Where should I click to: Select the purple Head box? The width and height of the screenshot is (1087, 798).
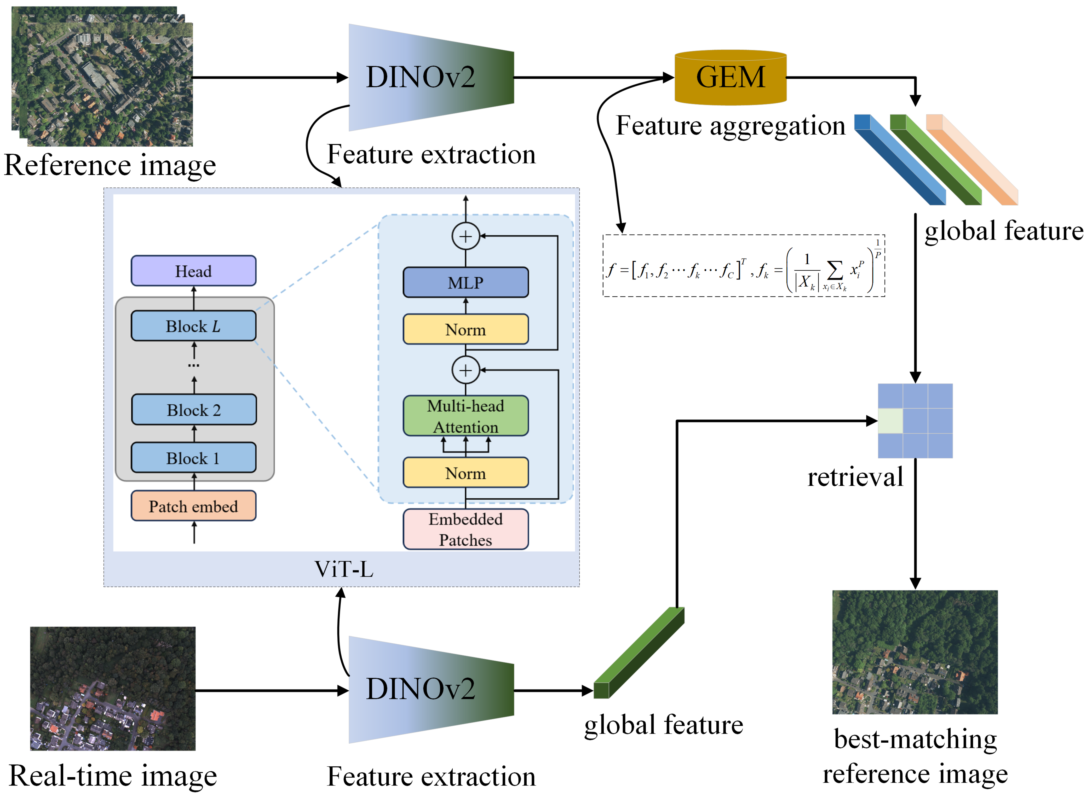(193, 271)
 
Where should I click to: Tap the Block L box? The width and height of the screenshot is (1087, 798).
(193, 326)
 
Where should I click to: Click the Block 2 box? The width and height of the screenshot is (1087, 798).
(193, 410)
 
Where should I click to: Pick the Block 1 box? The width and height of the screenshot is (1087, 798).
(193, 457)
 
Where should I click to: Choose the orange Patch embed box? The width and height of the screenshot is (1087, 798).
(193, 506)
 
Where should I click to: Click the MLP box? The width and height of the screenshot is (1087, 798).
(465, 283)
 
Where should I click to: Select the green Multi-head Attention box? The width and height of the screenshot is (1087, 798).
(465, 416)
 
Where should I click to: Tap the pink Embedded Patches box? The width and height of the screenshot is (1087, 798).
(465, 529)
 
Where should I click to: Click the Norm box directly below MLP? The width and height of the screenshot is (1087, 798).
(465, 329)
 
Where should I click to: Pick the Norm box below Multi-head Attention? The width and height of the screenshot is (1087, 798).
(465, 473)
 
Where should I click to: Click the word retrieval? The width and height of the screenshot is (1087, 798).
(855, 477)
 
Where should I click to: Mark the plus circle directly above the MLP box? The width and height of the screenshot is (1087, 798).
(465, 236)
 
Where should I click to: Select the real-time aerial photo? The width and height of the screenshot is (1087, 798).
(113, 688)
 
